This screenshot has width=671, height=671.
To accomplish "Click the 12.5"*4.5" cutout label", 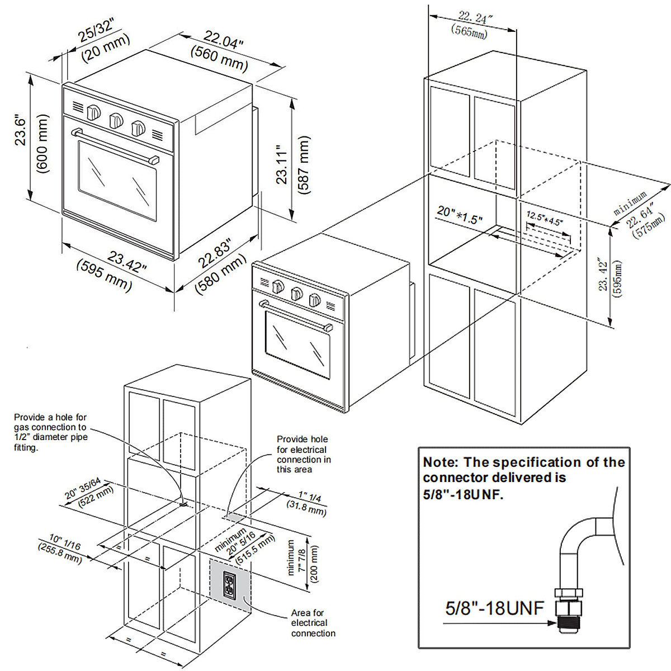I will (545, 218).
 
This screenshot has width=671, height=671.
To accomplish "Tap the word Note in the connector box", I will (440, 462).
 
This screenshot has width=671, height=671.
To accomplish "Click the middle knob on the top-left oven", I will (116, 120).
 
